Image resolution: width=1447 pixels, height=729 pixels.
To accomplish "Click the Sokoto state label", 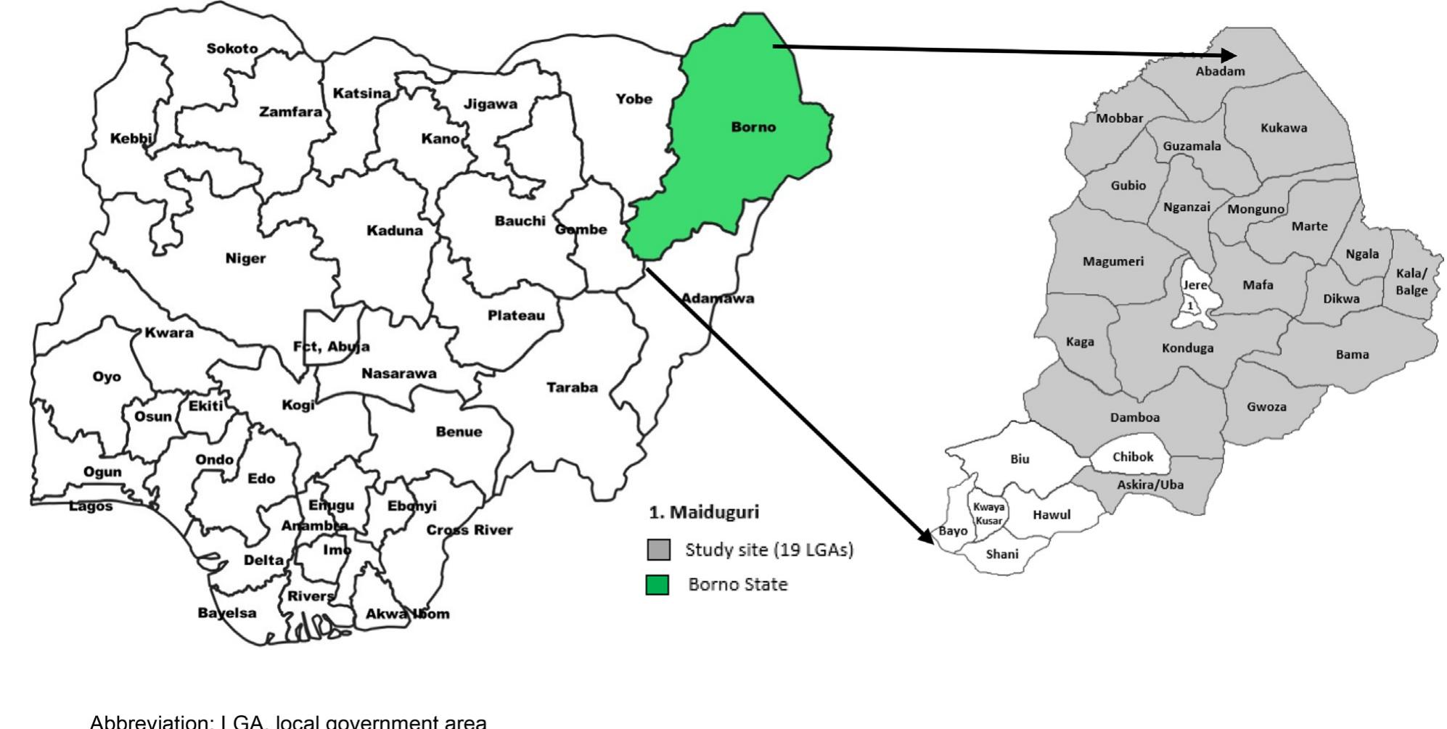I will pos(231,49).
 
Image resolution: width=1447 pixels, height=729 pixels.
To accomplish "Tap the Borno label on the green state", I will pos(753,127).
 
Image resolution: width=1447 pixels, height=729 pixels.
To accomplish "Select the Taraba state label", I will pos(572,387).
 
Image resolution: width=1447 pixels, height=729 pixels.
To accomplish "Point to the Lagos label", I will pos(91,506).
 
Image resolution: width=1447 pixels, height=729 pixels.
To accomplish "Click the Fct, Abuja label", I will pos(331,347).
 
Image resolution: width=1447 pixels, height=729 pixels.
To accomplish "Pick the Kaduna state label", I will pos(394,231).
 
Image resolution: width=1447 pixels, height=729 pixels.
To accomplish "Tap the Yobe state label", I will pos(634,99).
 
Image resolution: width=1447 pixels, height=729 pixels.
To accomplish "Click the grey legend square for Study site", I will pos(658,550).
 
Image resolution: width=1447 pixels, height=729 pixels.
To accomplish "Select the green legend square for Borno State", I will pos(657,585).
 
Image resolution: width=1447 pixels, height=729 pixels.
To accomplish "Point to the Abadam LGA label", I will pos(1220,71).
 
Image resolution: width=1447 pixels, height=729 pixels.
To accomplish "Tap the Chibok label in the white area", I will pos(1132,457).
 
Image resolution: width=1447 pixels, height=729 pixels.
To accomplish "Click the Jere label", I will pos(1194,285).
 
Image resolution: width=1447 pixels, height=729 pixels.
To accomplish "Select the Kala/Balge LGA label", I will pos(1411,282).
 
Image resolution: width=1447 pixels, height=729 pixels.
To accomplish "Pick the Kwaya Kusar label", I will pos(988,514).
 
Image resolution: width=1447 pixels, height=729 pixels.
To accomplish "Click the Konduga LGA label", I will pos(1187,348).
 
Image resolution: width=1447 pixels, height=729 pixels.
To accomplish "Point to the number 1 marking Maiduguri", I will pos(1189,306).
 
